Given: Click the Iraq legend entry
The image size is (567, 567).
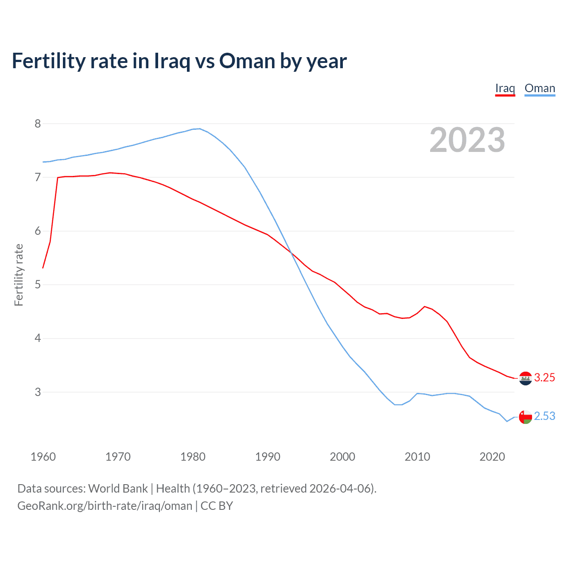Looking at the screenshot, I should click(x=505, y=88).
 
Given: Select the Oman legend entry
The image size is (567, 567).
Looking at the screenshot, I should click(x=540, y=88).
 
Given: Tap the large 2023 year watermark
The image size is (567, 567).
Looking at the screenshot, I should click(x=467, y=140).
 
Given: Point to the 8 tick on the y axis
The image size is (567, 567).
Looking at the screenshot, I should click(x=38, y=124).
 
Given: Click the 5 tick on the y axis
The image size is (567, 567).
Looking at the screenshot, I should click(x=38, y=284).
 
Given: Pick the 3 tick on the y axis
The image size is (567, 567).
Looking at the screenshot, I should click(x=38, y=392).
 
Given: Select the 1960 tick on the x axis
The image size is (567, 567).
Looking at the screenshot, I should click(x=43, y=457).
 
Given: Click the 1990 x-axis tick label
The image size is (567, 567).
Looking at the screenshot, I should click(x=268, y=457).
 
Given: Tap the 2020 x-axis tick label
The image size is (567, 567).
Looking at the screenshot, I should click(x=492, y=457).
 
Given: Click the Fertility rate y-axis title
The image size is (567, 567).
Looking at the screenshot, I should click(x=19, y=275).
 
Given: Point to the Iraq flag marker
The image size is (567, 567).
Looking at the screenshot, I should click(x=525, y=378).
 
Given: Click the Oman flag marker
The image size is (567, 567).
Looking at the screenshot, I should click(x=525, y=417).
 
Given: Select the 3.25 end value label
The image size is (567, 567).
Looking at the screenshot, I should click(x=544, y=377).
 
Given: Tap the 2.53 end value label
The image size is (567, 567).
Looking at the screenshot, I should click(x=544, y=416).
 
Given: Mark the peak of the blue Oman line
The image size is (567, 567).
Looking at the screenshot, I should click(x=200, y=129).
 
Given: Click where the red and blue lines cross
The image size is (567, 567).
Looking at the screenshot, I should click(x=291, y=252).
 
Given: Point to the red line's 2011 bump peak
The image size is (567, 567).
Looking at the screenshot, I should click(x=425, y=307).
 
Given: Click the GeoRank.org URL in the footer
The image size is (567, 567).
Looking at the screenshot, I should click(x=105, y=506).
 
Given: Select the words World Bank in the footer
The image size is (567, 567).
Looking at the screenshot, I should click(x=118, y=489).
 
